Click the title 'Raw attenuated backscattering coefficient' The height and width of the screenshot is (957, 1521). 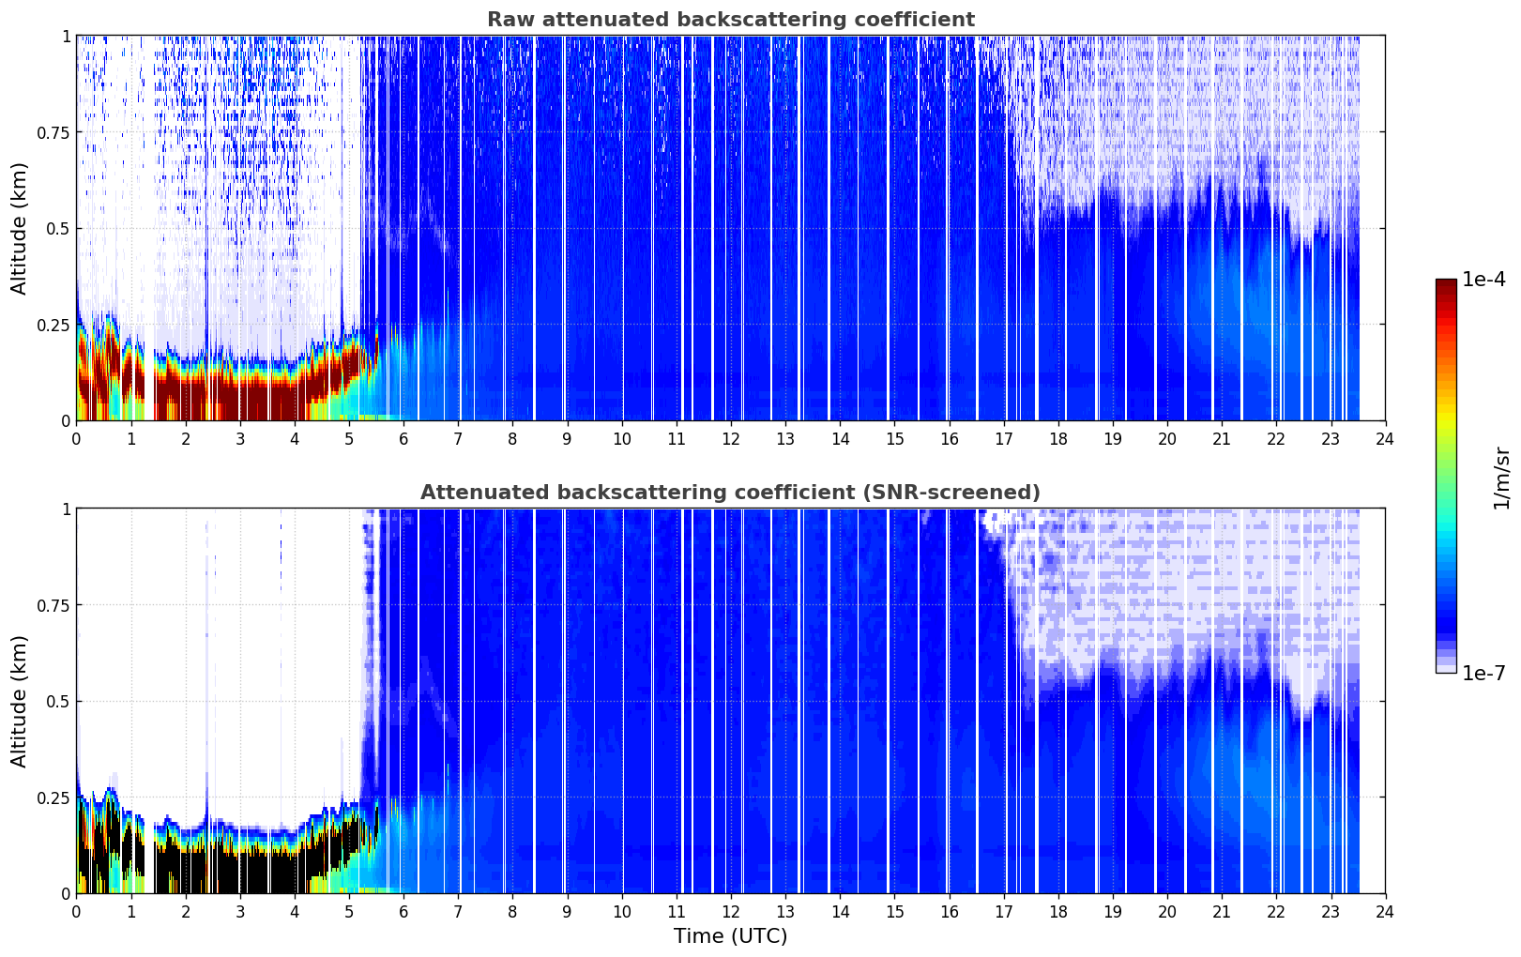(731, 20)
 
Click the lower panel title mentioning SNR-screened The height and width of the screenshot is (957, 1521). (730, 492)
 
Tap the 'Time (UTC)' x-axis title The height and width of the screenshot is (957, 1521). (731, 936)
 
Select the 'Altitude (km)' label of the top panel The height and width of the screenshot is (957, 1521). (19, 229)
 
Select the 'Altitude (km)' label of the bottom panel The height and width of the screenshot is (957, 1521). (19, 701)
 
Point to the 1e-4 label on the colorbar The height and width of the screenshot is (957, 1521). (1483, 279)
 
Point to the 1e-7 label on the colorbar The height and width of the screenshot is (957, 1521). (1483, 674)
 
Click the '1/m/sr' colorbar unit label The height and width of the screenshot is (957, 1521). (1501, 478)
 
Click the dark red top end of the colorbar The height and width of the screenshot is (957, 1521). (1446, 283)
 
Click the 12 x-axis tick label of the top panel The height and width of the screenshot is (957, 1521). (731, 438)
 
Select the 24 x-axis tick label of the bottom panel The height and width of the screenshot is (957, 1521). (1385, 912)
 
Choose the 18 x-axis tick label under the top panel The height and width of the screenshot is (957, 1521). (1057, 438)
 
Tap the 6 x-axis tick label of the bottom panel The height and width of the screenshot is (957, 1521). (403, 912)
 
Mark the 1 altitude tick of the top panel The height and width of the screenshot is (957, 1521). (66, 37)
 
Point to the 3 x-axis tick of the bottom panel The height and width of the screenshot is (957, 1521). (239, 912)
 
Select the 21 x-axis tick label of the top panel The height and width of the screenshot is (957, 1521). (1222, 438)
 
